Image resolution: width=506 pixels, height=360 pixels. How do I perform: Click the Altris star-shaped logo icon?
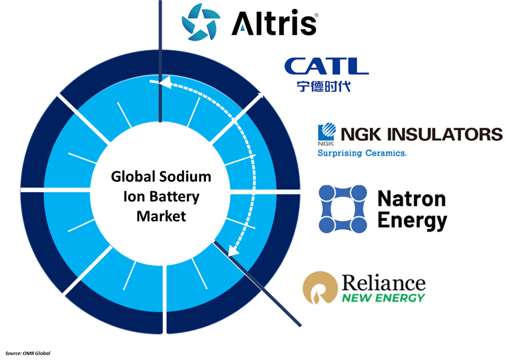(201, 22)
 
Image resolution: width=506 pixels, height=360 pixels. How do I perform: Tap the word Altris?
(274, 23)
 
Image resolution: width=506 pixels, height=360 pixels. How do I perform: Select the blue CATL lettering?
(326, 66)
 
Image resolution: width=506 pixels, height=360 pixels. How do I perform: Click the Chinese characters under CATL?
(323, 86)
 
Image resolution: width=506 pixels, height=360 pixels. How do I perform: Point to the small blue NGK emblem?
(327, 134)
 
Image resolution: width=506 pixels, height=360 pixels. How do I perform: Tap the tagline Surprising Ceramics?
(362, 153)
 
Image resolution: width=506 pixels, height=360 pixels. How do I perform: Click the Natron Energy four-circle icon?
(343, 209)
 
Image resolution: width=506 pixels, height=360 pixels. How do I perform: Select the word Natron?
(412, 198)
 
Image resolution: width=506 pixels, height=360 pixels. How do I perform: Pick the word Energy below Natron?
(412, 221)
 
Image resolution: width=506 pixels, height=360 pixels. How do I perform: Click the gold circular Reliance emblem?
(320, 288)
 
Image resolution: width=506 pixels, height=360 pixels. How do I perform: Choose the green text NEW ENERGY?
(384, 298)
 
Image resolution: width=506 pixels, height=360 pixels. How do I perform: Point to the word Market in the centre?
(161, 216)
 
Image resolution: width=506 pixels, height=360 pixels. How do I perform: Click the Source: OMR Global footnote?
(28, 353)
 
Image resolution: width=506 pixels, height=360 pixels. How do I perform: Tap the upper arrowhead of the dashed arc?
(164, 82)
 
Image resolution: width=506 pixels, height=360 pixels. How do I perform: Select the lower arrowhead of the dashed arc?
(233, 250)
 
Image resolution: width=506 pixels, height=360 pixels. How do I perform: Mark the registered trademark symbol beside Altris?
(316, 15)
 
